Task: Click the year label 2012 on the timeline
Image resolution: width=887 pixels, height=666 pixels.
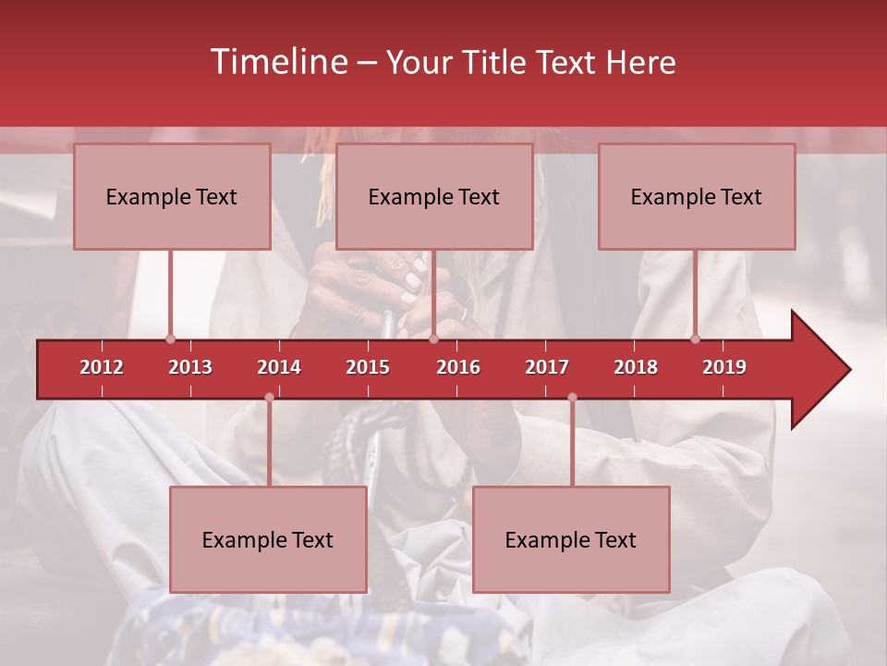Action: click(x=102, y=367)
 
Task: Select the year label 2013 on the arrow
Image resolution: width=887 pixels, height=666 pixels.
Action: click(x=190, y=367)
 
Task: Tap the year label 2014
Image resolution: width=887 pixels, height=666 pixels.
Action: click(x=279, y=367)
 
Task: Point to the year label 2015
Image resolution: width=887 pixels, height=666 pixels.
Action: click(x=368, y=367)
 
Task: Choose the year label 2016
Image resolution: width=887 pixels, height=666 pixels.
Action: click(x=458, y=367)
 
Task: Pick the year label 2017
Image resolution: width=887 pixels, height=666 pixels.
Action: click(x=547, y=367)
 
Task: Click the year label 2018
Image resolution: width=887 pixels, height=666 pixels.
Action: click(x=636, y=367)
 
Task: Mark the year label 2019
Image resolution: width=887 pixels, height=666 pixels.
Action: click(x=724, y=367)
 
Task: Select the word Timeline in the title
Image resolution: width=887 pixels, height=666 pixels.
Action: click(x=277, y=62)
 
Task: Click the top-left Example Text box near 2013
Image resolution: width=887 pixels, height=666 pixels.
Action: click(x=172, y=197)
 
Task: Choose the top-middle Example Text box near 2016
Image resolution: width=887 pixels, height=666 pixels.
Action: click(x=434, y=197)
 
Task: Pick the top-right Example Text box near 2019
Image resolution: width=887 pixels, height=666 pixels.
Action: click(x=697, y=197)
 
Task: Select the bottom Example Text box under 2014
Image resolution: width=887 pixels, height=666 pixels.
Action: click(x=268, y=539)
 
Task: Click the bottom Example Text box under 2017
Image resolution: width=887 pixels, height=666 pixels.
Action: click(x=571, y=539)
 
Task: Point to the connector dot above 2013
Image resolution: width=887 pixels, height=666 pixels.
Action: click(x=170, y=339)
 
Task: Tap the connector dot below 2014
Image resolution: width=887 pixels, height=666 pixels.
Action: click(x=269, y=398)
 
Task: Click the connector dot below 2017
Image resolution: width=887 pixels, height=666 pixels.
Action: click(x=572, y=398)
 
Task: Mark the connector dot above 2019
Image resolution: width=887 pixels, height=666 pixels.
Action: click(x=695, y=339)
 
